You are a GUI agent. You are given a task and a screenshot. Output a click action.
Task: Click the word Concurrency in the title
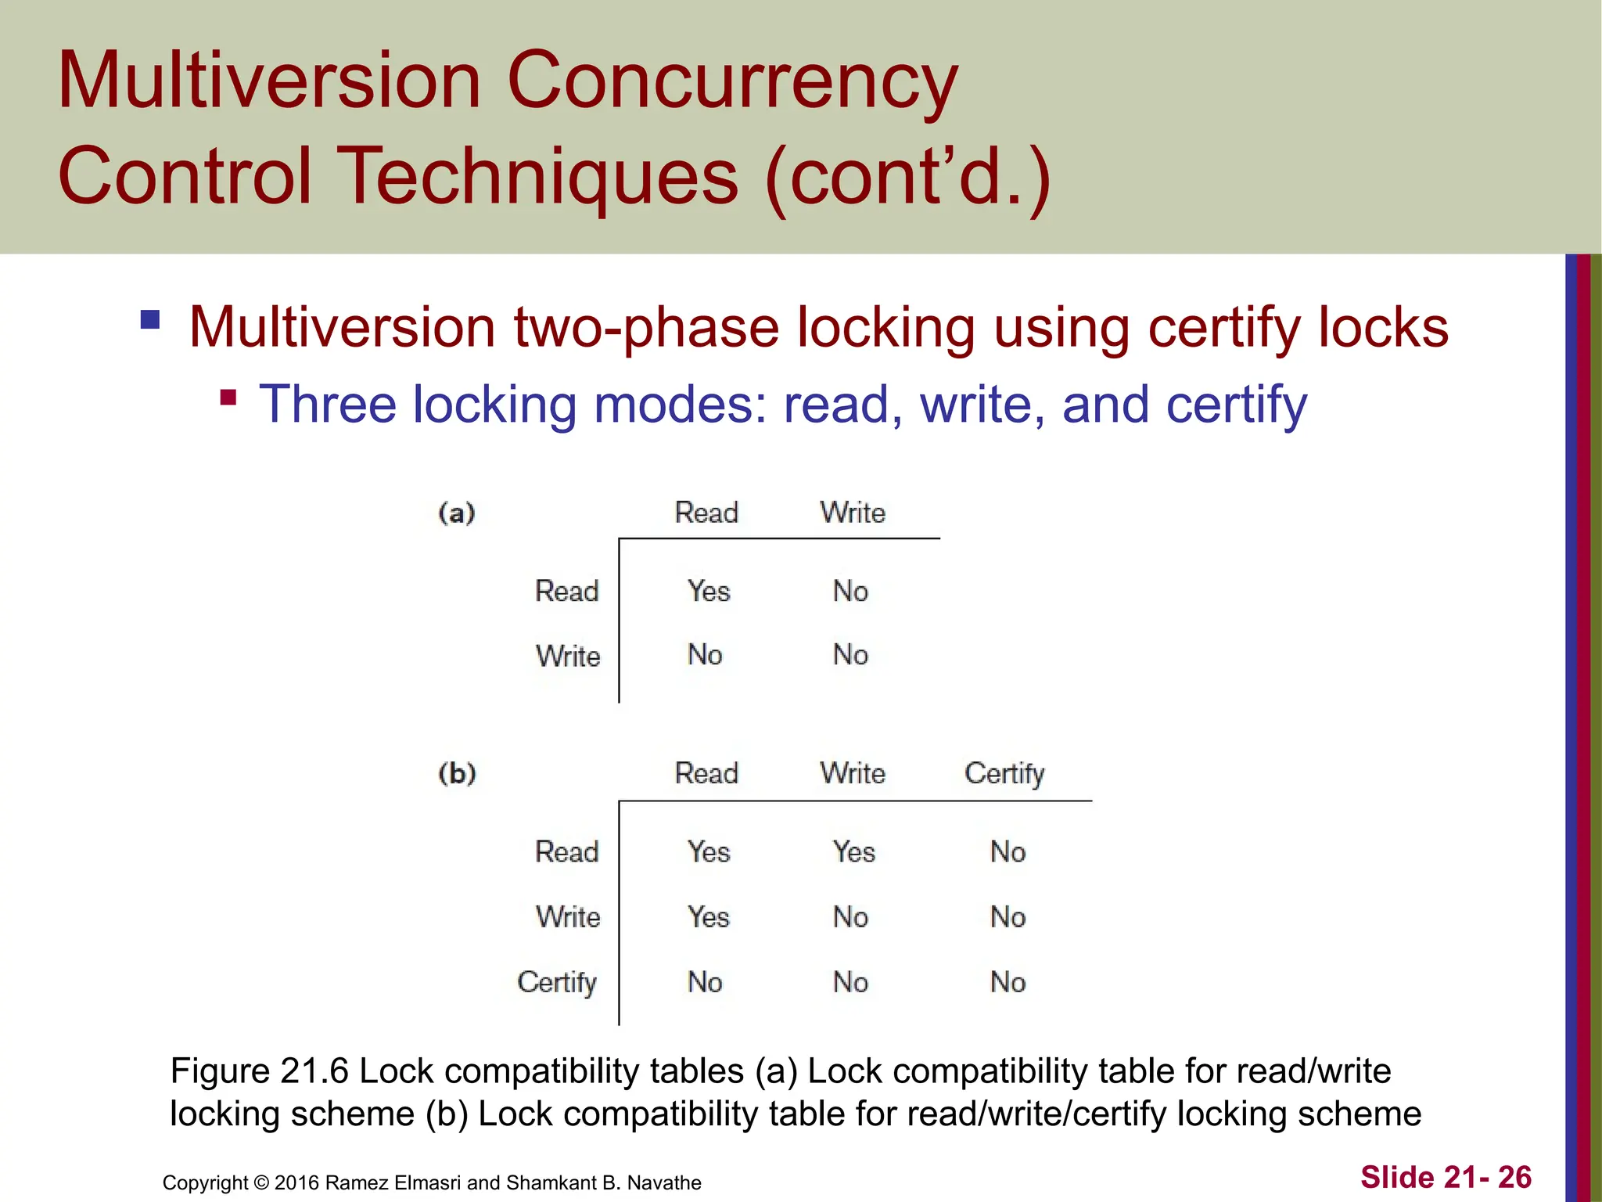pyautogui.click(x=732, y=81)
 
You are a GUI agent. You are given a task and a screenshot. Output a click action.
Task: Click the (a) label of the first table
pyautogui.click(x=457, y=513)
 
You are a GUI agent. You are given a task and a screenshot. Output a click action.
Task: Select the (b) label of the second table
pyautogui.click(x=457, y=773)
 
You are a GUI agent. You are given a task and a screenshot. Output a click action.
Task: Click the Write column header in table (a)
pyautogui.click(x=853, y=513)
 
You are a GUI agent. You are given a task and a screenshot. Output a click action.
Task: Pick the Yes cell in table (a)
pyautogui.click(x=709, y=591)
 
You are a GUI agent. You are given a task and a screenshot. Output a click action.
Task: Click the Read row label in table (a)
pyautogui.click(x=566, y=591)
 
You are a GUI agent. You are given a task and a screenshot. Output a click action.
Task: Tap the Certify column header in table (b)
pyautogui.click(x=1004, y=774)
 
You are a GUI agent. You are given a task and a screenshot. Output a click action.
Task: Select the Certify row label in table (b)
pyautogui.click(x=557, y=982)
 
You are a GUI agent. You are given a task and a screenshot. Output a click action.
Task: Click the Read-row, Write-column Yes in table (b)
pyautogui.click(x=853, y=851)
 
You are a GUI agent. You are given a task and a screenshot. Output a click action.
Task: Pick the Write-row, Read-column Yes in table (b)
pyautogui.click(x=709, y=916)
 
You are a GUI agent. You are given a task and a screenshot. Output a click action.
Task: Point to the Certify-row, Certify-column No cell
pyautogui.click(x=1008, y=982)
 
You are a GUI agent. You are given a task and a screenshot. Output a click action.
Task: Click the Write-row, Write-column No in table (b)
pyautogui.click(x=850, y=916)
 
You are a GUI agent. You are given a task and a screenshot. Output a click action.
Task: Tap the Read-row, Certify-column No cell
pyautogui.click(x=1008, y=851)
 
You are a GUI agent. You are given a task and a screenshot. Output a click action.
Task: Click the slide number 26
pyautogui.click(x=1514, y=1177)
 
